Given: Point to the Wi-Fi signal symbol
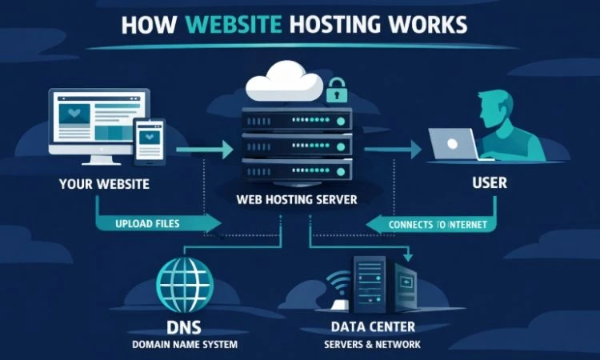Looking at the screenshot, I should pos(337,285).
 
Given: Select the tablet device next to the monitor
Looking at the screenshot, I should pos(149,142).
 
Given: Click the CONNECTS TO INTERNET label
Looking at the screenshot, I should pos(437,225).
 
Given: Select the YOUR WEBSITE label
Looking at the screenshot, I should pos(104,184).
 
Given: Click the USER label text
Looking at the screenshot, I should pos(489,183).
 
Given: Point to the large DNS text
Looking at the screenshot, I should pos(185,328).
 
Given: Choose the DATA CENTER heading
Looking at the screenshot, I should pos(372,328).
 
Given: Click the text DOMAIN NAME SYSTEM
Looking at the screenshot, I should pos(185,345).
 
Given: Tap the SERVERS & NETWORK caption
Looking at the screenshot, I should pos(372,345).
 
